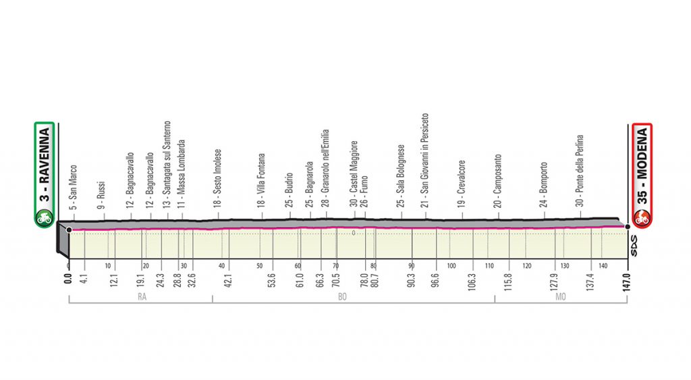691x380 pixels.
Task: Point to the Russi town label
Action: click(x=101, y=192)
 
